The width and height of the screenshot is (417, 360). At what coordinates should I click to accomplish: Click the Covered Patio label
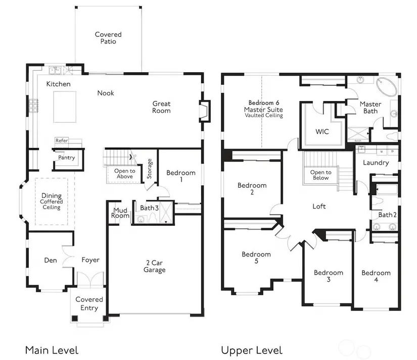108,38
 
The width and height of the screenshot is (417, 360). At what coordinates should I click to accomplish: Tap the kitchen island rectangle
65,107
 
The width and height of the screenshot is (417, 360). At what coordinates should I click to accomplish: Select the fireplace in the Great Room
205,111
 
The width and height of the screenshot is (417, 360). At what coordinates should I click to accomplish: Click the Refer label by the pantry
62,140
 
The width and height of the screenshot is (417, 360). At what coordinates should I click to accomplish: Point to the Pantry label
67,158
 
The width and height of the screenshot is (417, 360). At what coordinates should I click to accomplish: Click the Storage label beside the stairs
150,169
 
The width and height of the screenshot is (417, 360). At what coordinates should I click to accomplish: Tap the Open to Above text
125,174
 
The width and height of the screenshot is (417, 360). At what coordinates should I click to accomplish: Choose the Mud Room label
120,213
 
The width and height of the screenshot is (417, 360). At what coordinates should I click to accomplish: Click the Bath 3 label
149,208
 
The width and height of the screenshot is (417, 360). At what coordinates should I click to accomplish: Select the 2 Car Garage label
155,266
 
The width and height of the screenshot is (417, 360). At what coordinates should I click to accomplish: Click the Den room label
51,260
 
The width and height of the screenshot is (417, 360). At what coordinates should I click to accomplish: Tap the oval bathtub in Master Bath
386,87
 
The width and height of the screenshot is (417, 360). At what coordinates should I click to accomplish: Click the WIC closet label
322,131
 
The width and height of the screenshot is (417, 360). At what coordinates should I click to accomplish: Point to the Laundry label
376,163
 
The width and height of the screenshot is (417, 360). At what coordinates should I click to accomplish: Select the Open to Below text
321,175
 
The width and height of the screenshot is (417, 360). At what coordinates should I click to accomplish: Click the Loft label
319,206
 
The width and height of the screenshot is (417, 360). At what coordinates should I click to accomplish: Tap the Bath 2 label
388,215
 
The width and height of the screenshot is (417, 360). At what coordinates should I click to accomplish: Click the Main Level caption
52,350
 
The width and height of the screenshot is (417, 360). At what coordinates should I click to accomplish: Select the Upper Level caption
252,351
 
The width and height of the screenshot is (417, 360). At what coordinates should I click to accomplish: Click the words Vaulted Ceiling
264,115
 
